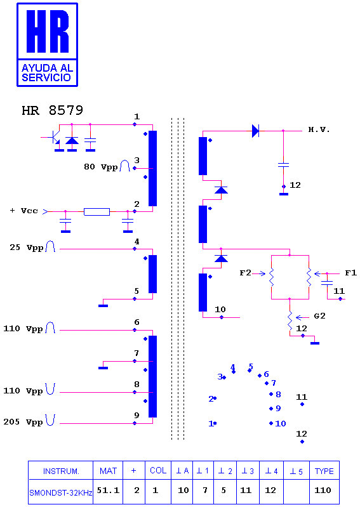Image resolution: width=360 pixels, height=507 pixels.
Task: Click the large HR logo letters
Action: tap(48, 31)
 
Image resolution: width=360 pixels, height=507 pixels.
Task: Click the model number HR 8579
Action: tap(53, 110)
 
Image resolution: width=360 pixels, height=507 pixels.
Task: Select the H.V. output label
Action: tap(319, 129)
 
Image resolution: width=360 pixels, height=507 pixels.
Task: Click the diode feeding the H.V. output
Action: tap(255, 131)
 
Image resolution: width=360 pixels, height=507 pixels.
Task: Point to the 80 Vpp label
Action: tap(100, 167)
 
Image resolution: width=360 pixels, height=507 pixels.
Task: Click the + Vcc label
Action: tap(24, 211)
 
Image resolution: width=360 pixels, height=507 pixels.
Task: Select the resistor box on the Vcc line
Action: tap(97, 212)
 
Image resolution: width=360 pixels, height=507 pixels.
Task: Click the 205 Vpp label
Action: tap(23, 422)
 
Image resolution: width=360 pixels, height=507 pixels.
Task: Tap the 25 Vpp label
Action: tap(26, 247)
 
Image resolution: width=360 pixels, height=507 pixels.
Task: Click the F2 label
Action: tap(245, 273)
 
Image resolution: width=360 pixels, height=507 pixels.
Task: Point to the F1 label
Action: tap(350, 273)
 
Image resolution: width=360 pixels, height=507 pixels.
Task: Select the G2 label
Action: tap(319, 316)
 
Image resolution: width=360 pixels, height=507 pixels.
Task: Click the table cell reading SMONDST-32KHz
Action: tap(61, 493)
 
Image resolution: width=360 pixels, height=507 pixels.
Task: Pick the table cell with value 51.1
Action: tap(108, 491)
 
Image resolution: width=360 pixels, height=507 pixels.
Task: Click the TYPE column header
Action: tap(324, 471)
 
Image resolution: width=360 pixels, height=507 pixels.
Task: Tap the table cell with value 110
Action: tap(323, 491)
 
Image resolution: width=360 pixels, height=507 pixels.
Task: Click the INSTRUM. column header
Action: tap(61, 471)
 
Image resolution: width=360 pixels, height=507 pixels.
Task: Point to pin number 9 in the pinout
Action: tap(278, 409)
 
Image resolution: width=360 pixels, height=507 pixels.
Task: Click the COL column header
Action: tap(158, 470)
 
